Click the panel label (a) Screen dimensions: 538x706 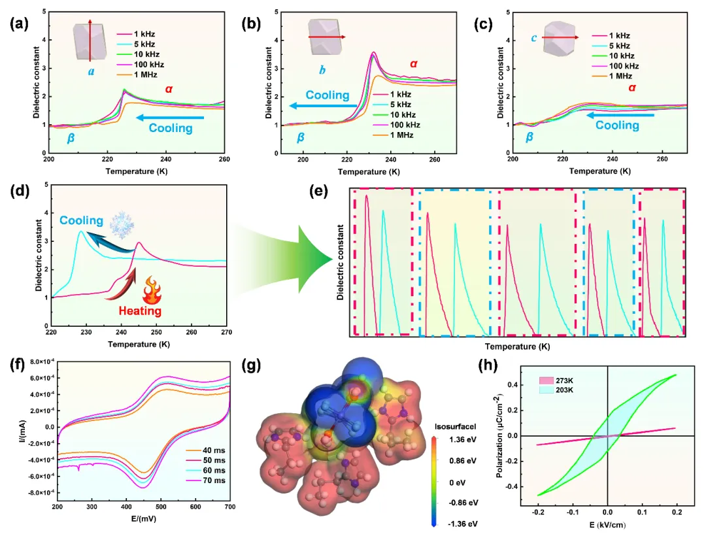[x=17, y=25]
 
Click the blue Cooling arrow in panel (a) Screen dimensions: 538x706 [x=171, y=118]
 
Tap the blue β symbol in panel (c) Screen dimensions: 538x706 [x=529, y=137]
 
